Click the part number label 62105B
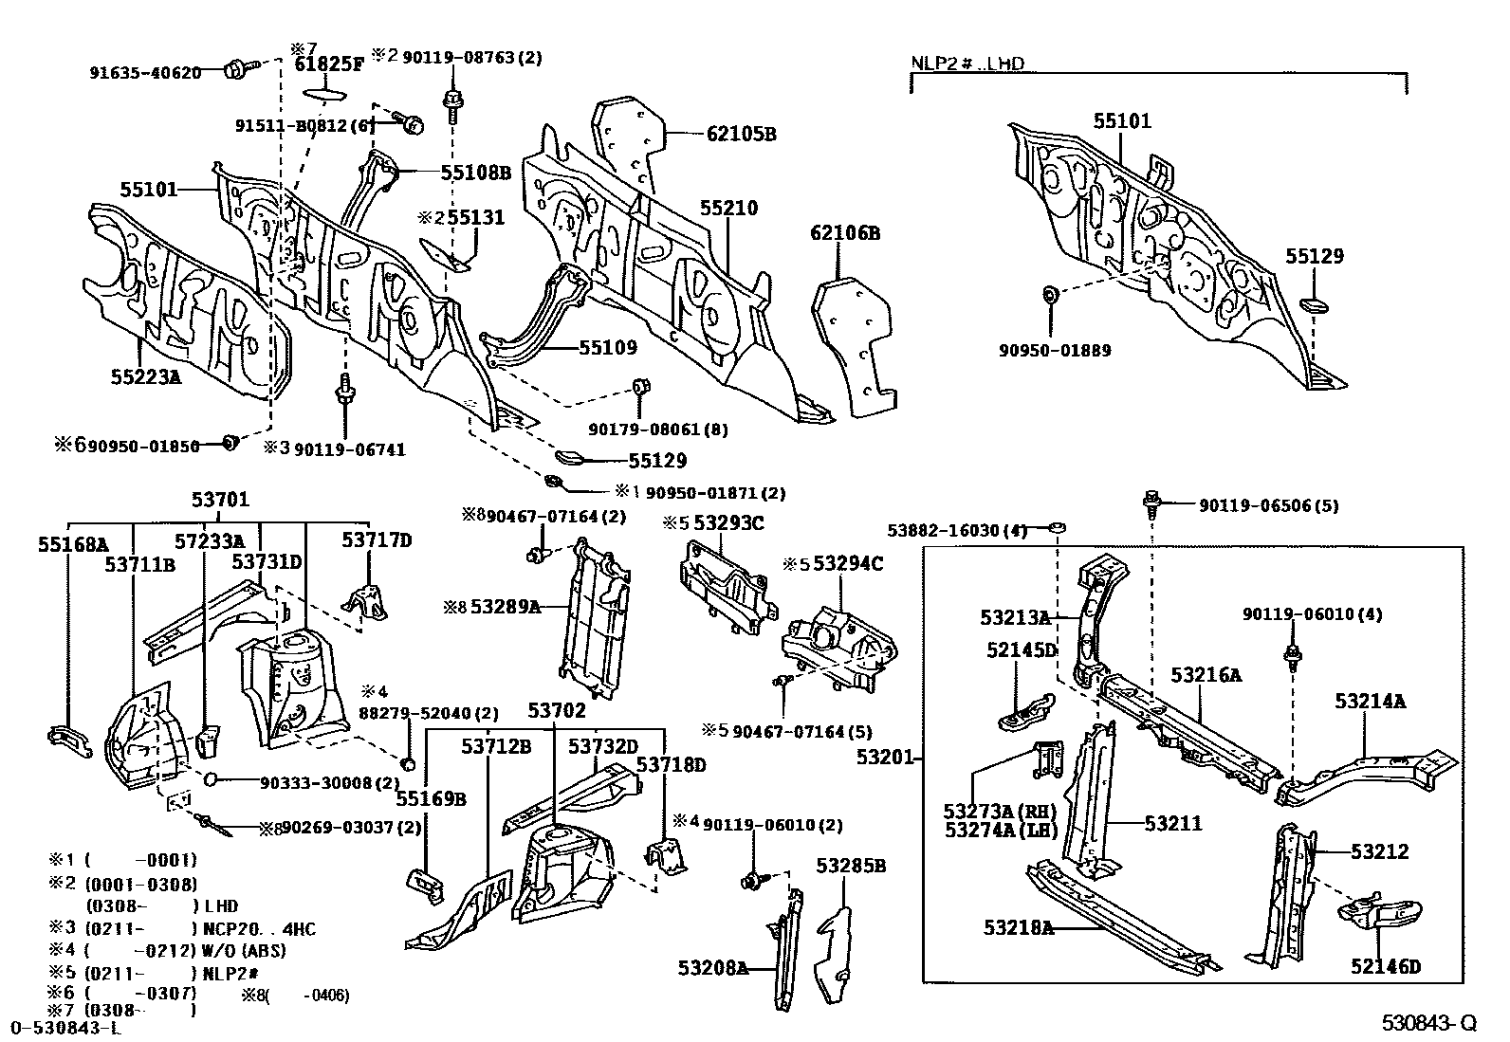click(x=741, y=135)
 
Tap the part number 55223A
click(x=145, y=376)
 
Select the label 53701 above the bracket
click(x=220, y=500)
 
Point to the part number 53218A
click(x=1019, y=927)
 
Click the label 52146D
click(x=1386, y=967)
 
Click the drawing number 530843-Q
click(x=1428, y=1023)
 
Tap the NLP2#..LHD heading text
click(x=967, y=64)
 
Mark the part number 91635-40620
click(x=146, y=72)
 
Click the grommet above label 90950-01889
click(x=1051, y=295)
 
